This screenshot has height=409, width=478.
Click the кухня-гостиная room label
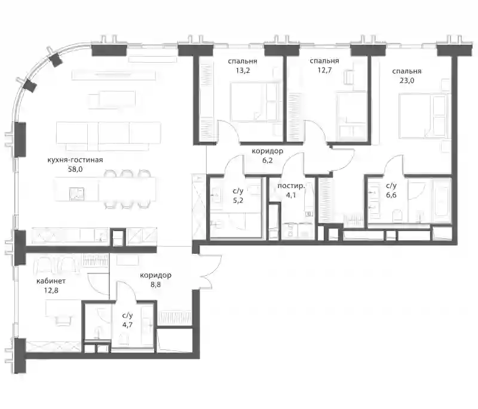click(x=75, y=160)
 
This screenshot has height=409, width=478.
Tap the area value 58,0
click(x=75, y=170)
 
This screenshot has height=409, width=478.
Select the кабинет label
click(x=51, y=281)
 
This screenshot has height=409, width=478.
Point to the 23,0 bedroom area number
click(x=407, y=81)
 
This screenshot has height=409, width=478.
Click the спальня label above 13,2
click(x=243, y=61)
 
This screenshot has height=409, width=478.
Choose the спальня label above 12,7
click(x=324, y=61)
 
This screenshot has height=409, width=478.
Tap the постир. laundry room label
click(x=291, y=186)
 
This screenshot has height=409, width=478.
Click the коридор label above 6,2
click(x=267, y=151)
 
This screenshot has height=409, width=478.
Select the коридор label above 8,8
click(x=155, y=275)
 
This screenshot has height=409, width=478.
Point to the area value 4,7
click(x=127, y=325)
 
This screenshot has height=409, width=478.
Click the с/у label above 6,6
click(x=391, y=186)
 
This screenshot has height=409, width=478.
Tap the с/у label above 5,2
click(x=238, y=191)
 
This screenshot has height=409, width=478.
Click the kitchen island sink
click(x=76, y=193)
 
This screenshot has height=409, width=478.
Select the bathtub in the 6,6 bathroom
click(x=442, y=201)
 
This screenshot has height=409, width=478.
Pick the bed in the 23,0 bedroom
click(x=423, y=116)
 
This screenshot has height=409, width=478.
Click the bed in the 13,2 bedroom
click(x=255, y=102)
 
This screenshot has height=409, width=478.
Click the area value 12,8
click(x=51, y=291)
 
